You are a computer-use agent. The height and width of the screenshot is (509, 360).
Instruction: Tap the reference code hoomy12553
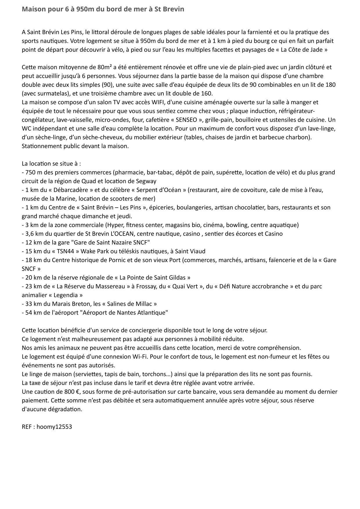coord(54,427)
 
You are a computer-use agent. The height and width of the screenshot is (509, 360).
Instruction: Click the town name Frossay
coord(147,286)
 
